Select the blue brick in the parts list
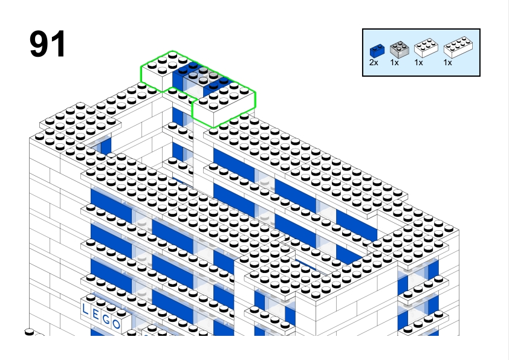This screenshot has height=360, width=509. [377, 51]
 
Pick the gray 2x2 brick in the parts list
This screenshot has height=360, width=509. [399, 50]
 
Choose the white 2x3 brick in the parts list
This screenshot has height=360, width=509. [426, 48]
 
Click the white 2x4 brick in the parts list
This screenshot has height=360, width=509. [458, 47]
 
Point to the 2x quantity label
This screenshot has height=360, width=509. [374, 63]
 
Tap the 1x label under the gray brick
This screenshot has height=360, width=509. [394, 63]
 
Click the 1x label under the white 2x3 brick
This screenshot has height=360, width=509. [419, 63]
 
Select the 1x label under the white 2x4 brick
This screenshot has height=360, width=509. [448, 63]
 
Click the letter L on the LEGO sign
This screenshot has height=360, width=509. [85, 309]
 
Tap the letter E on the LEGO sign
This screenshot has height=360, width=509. [96, 314]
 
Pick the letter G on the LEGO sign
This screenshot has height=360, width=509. [106, 319]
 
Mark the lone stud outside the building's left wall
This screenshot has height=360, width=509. [29, 332]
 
